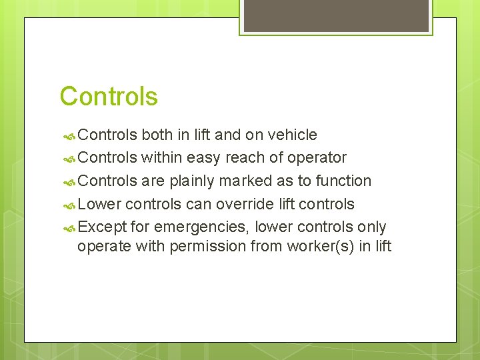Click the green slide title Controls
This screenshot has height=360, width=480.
pyautogui.click(x=109, y=97)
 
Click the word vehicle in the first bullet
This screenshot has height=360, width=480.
pyautogui.click(x=291, y=135)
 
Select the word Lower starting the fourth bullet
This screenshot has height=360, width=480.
pyautogui.click(x=99, y=203)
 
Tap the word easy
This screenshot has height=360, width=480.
pyautogui.click(x=204, y=157)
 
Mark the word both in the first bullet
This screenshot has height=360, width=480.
pyautogui.click(x=157, y=135)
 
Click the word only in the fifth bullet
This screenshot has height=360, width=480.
pyautogui.click(x=371, y=227)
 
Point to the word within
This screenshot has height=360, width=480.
pyautogui.click(x=161, y=157)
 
